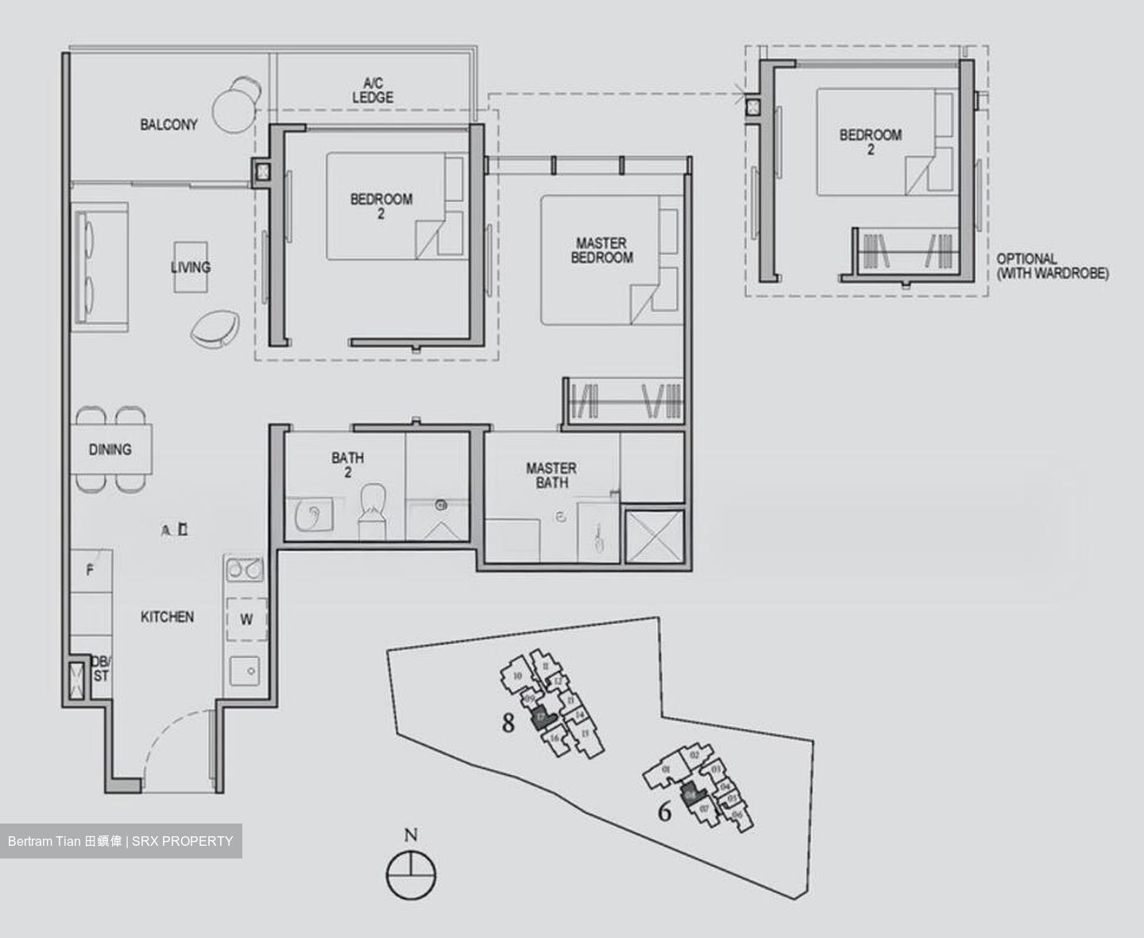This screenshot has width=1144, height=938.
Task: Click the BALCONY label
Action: coord(168,125)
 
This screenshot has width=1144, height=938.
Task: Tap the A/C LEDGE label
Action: coord(373,90)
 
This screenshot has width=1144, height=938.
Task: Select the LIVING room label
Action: coord(191,267)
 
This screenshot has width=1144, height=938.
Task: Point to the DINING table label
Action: coord(110,450)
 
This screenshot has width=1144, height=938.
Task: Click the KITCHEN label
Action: coord(167,617)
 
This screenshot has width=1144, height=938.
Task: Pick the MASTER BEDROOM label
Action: coord(601,250)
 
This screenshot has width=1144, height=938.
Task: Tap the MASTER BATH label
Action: coord(551,475)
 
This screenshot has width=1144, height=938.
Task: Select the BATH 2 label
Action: coord(348,465)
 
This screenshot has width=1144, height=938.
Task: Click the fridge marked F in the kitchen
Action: coord(90,571)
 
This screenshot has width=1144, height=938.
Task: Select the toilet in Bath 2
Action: coord(372,510)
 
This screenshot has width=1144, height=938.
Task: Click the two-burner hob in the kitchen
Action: coord(245,569)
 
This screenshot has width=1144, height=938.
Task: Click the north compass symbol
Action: coord(411,874)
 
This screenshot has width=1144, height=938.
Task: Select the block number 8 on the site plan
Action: coord(508,723)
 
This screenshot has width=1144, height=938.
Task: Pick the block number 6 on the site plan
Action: coord(664,812)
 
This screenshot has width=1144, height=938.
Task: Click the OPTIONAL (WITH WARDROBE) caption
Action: coord(1052,266)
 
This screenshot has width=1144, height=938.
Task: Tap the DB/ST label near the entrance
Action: coord(101,669)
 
